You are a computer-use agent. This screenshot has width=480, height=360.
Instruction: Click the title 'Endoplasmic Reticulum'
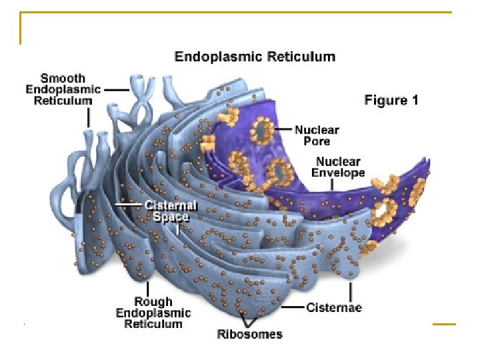(255, 57)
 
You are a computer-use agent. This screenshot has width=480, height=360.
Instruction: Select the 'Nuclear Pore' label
(317, 135)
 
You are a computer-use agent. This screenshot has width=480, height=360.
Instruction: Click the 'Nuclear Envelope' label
(340, 167)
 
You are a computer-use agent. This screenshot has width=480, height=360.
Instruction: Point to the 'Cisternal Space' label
(171, 211)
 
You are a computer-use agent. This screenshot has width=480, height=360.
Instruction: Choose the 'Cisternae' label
(334, 307)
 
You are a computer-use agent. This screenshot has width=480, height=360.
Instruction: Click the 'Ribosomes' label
(249, 334)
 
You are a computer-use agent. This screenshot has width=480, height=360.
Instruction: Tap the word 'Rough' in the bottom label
(153, 301)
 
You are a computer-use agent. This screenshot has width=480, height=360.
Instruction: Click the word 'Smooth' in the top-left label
(63, 77)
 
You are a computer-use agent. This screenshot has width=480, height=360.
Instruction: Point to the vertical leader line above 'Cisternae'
(351, 291)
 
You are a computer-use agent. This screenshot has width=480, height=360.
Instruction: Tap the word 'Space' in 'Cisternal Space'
(171, 217)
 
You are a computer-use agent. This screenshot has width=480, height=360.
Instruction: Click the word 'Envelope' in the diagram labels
(340, 173)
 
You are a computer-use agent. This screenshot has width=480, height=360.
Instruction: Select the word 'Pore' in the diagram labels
(317, 141)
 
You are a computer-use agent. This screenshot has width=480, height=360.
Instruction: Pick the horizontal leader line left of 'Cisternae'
(291, 307)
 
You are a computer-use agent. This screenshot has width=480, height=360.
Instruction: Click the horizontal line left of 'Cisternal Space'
(129, 204)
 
